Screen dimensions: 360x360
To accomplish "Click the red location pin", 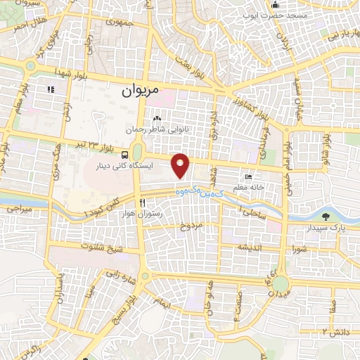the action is click(x=181, y=165).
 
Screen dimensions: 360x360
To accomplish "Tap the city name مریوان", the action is click(x=139, y=91).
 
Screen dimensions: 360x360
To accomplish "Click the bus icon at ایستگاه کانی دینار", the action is click(x=124, y=155).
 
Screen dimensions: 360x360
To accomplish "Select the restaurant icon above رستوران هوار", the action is click(x=124, y=202).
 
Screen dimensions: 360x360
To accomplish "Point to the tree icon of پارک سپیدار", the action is click(x=326, y=216).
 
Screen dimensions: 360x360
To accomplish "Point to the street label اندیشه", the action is click(x=253, y=248).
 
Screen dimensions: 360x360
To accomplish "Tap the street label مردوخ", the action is click(x=191, y=226).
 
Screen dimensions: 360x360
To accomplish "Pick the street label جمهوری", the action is click(x=119, y=23).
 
